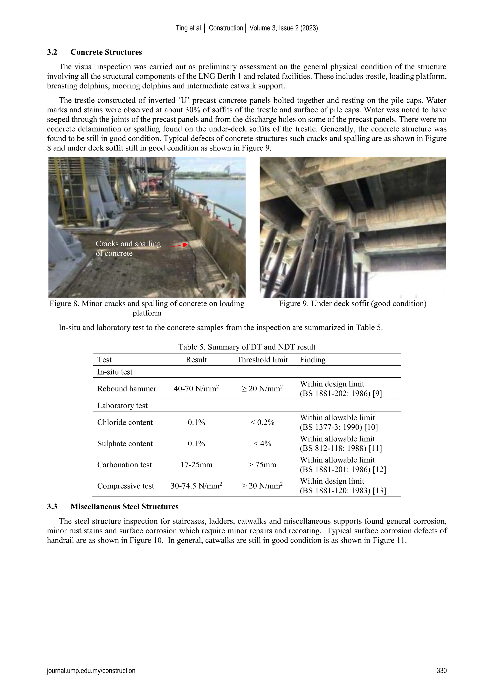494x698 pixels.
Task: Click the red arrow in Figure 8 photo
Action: click(179, 245)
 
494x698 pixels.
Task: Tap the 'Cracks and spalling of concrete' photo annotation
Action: click(128, 248)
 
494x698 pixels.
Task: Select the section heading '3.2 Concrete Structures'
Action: click(94, 52)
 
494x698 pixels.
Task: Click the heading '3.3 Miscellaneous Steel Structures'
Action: click(113, 506)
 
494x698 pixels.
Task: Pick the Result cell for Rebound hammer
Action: click(196, 389)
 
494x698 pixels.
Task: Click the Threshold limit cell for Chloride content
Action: click(262, 422)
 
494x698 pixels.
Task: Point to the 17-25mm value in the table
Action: click(196, 464)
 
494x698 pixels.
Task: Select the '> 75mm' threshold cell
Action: click(262, 464)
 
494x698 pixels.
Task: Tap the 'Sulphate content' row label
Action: click(125, 443)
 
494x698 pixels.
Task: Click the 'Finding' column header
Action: click(312, 360)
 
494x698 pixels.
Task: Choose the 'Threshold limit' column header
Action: click(262, 360)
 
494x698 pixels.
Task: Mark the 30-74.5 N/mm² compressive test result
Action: click(196, 486)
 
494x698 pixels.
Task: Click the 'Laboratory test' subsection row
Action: click(122, 406)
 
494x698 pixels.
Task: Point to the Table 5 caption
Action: click(247, 347)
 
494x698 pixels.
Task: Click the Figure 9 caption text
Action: click(353, 303)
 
